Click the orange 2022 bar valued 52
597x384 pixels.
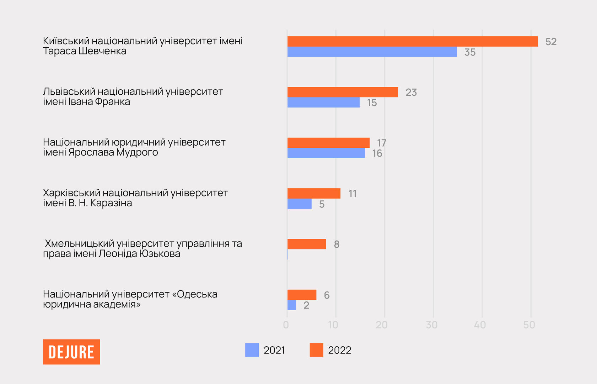click(413, 41)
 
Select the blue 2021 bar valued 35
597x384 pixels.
click(372, 52)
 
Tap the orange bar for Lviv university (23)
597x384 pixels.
click(343, 92)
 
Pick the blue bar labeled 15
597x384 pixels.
click(323, 102)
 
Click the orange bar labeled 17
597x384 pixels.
click(328, 143)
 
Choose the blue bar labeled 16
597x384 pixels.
click(326, 153)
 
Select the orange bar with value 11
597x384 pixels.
click(314, 194)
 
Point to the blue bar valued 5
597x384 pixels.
click(299, 204)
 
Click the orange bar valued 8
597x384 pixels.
click(306, 244)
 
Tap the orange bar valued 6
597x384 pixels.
click(302, 295)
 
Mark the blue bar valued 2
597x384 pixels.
click(291, 305)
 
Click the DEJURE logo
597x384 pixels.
click(71, 352)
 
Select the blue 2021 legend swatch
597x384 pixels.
click(252, 350)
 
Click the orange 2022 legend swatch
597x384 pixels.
click(316, 350)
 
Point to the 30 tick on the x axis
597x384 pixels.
click(431, 325)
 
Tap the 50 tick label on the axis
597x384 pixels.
click(529, 325)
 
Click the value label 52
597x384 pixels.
click(551, 42)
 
